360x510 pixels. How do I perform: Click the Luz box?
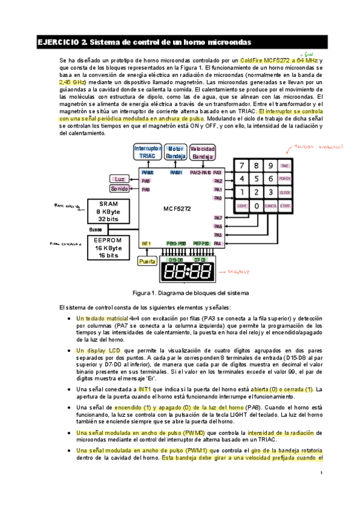point(119,179)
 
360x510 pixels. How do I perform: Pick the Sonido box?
point(119,189)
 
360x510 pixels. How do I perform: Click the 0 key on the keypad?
point(257,206)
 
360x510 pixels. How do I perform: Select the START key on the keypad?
point(285,206)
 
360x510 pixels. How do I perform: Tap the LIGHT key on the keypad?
point(242,206)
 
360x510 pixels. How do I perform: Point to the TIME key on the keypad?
point(285,165)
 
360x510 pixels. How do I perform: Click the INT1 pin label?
point(146,244)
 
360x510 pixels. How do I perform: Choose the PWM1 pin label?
point(175,173)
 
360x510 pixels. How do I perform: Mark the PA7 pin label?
point(218,218)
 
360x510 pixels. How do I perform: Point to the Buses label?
point(96,229)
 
